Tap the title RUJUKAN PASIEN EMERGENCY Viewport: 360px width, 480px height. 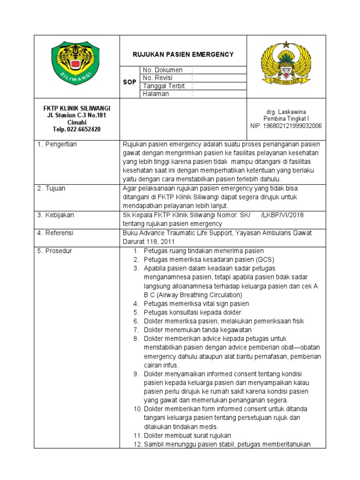coord(183,55)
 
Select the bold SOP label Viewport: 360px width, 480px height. coord(129,82)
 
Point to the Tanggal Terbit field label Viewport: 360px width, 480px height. coord(164,86)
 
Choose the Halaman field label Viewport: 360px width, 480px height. coord(156,94)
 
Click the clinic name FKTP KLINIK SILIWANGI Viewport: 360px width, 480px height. coord(77,108)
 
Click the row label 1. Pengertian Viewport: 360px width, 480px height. coord(58,144)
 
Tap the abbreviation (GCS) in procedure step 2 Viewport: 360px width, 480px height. coord(265,260)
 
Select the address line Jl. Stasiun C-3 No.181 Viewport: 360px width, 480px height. coord(77,115)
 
